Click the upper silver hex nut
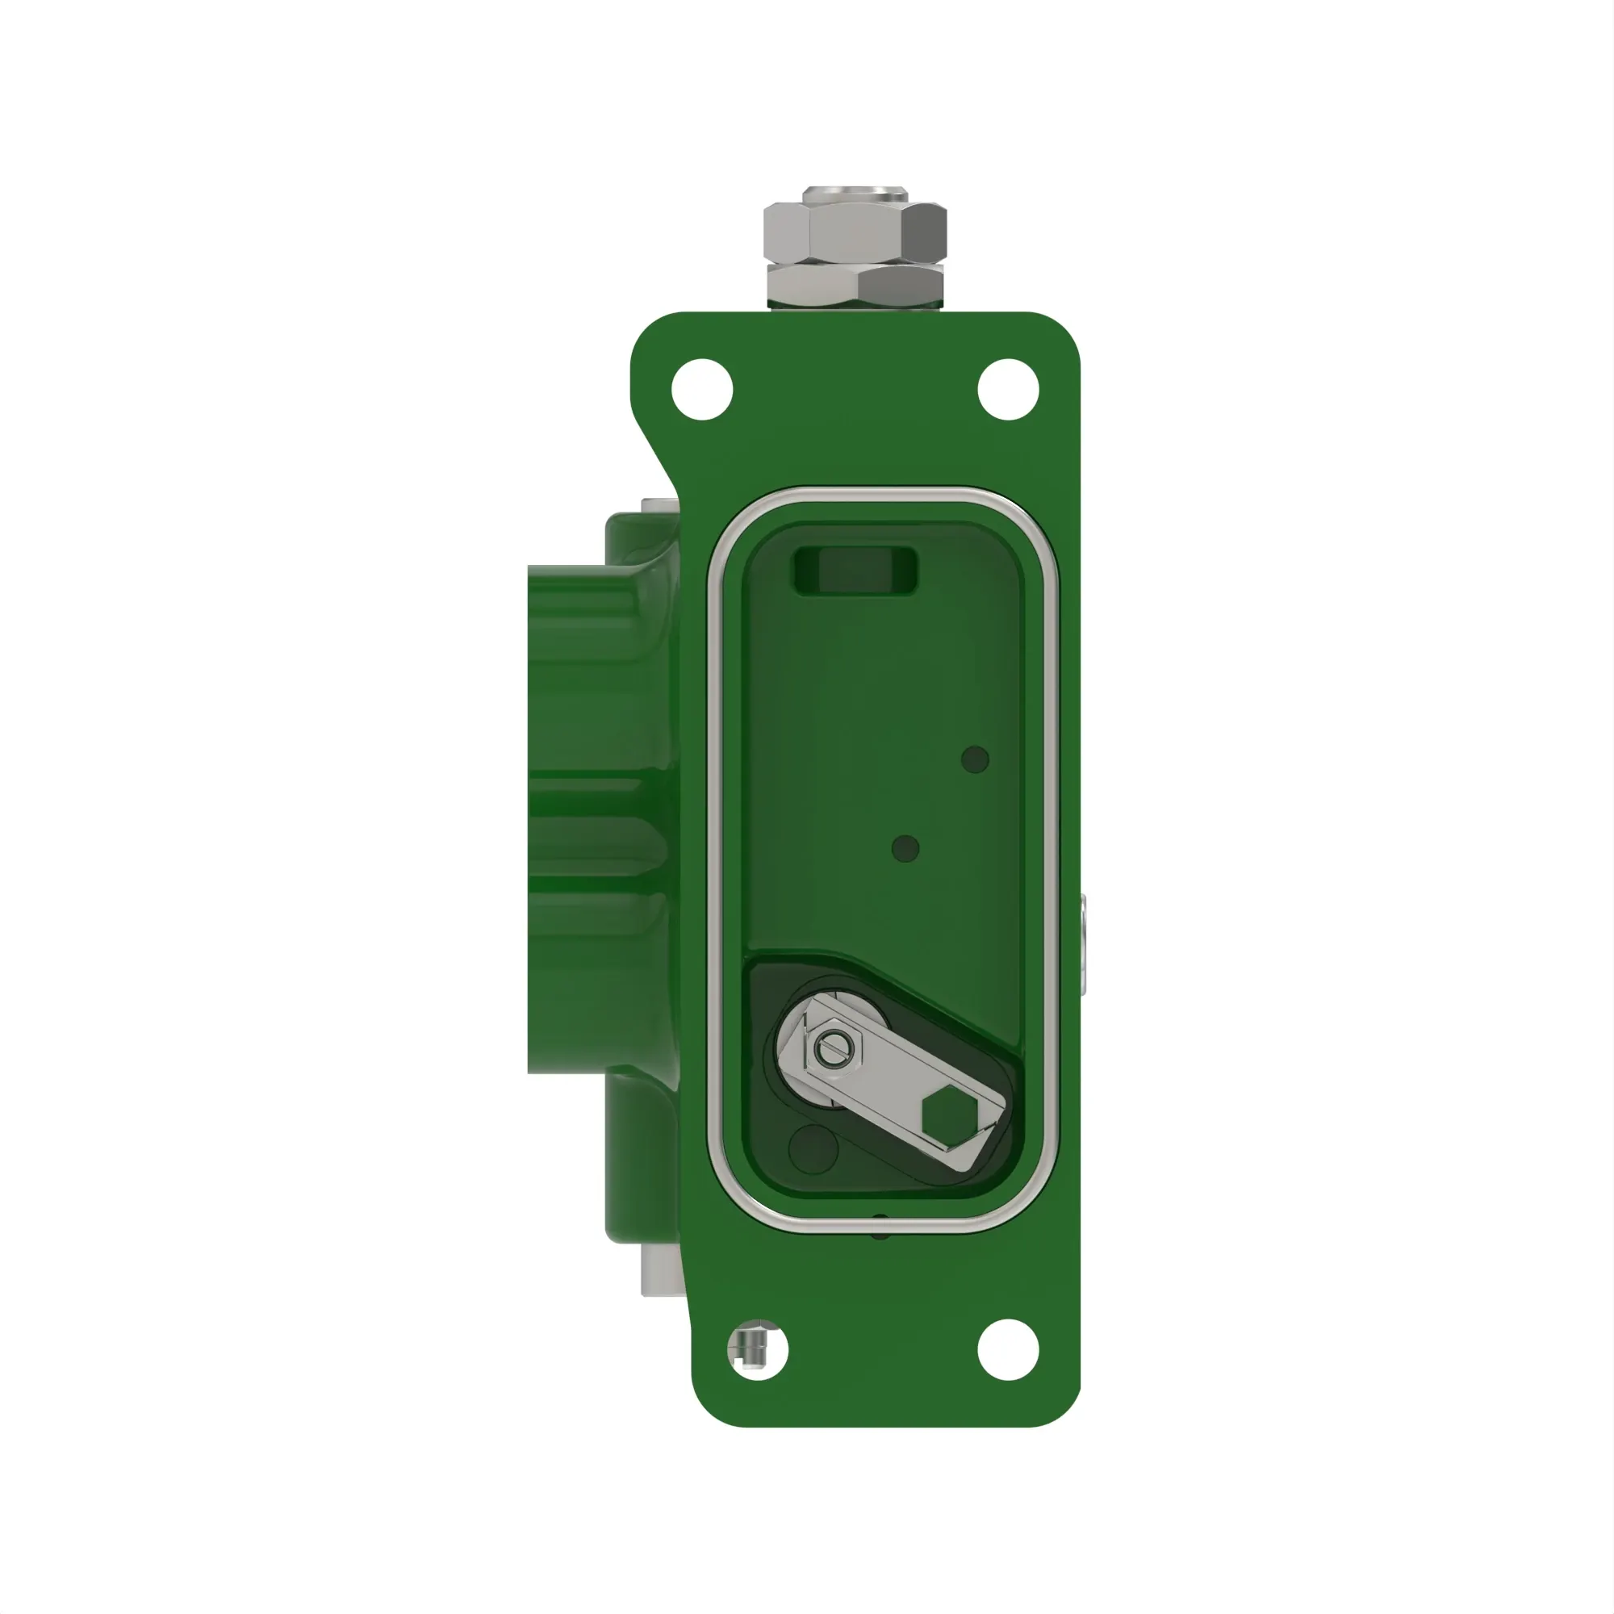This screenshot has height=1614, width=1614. point(855,232)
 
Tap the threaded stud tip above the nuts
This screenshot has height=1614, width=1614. point(855,194)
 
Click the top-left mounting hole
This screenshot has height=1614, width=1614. point(702,389)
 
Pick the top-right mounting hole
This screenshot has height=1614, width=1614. point(1007,389)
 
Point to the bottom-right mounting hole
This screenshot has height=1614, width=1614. point(1007,1349)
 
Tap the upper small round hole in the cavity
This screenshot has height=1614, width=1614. point(975,759)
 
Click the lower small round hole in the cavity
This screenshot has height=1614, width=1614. point(905,849)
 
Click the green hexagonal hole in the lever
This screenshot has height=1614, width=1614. point(950,1116)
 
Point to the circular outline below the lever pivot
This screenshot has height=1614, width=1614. point(813,1149)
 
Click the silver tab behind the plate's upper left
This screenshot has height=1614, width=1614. point(659,505)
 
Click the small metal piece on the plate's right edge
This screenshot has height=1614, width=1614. point(1083,944)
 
